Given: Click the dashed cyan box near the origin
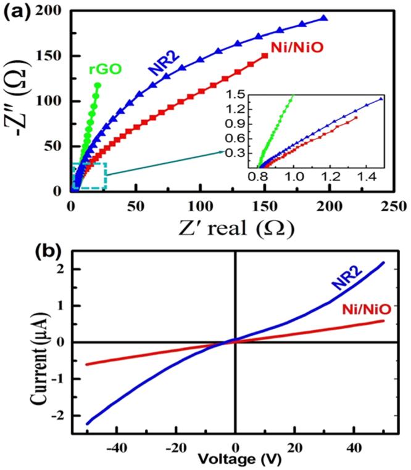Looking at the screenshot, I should [89, 176].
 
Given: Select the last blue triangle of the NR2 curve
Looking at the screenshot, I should [323, 18].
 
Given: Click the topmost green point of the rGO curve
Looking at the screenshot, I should [98, 86].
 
